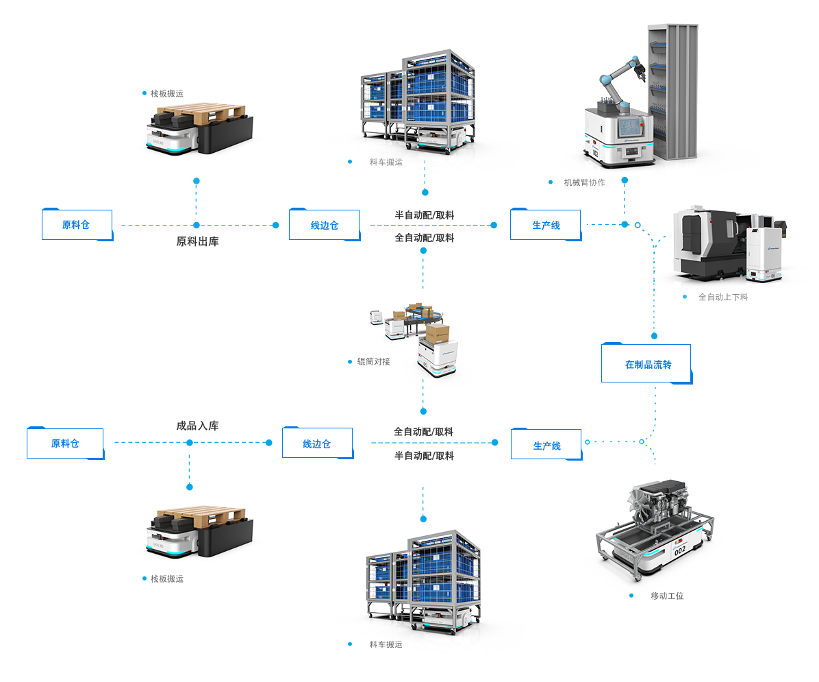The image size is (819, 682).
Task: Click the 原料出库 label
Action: [197, 242]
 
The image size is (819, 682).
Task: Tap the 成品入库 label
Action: [197, 426]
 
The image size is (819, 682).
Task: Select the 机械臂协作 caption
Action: [584, 182]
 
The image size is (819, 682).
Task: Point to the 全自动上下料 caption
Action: [722, 297]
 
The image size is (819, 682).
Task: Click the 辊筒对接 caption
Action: [373, 361]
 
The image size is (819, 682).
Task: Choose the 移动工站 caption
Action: [667, 596]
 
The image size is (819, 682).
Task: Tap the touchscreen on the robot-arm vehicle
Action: [628, 128]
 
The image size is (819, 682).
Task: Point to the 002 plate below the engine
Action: [679, 550]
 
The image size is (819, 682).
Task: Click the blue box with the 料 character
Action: [77, 223]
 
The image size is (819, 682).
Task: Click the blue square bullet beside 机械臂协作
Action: [551, 182]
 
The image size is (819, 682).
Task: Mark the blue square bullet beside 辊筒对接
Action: [349, 361]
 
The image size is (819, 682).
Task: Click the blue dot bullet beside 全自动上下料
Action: [685, 297]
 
